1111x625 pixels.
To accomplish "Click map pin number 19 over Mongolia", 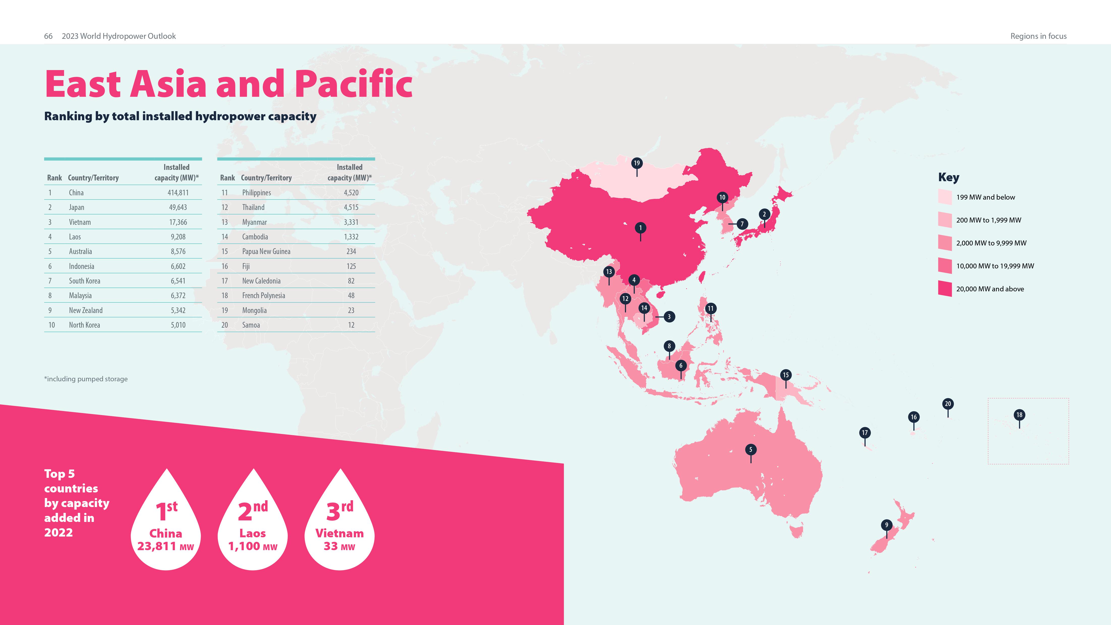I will click(637, 163).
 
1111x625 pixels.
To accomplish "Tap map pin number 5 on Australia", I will click(750, 450).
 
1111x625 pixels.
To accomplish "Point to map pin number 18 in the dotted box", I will click(1019, 415).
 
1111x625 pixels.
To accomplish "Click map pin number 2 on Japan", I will click(764, 214).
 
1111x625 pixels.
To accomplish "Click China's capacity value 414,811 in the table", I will click(178, 193).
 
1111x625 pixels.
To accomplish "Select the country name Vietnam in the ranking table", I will click(80, 222).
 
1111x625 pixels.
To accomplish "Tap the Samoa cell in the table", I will click(251, 325).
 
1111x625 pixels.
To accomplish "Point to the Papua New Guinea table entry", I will click(266, 251).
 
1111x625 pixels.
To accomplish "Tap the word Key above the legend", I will click(948, 177).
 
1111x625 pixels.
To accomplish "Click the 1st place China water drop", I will click(166, 522).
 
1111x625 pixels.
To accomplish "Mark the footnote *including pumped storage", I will click(86, 379).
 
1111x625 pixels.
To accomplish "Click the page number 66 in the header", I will click(48, 36).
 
